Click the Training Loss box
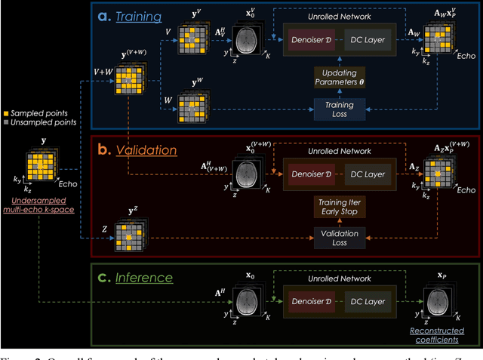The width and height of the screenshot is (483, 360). pos(339,109)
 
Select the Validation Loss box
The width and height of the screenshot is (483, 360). pos(339,237)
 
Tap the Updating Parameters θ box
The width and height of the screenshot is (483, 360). pos(339,76)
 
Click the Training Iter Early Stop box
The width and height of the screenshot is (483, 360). pos(339,206)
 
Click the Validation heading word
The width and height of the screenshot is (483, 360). pos(146,149)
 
